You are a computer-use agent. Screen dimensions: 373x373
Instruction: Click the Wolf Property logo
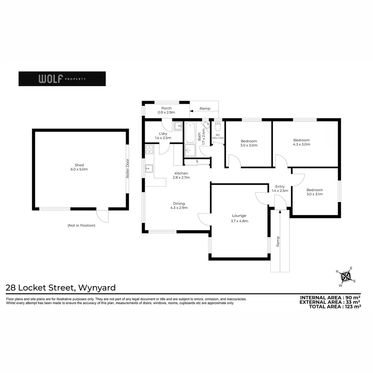[x=62, y=79]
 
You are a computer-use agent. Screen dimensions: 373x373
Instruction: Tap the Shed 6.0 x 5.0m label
[x=79, y=167]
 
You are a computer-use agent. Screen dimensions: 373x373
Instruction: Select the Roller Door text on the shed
[x=127, y=168]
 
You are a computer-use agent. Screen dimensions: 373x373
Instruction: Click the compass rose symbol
[x=346, y=276]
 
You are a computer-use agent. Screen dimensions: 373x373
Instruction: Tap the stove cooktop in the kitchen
[x=150, y=149]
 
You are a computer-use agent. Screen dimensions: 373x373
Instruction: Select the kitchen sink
[x=149, y=169]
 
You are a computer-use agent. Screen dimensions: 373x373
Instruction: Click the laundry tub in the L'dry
[x=178, y=126]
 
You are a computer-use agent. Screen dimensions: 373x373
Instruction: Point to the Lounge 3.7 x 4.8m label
[x=239, y=218]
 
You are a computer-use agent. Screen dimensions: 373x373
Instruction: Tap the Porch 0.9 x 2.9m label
[x=166, y=110]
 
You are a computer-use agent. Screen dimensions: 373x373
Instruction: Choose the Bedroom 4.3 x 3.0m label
[x=302, y=142]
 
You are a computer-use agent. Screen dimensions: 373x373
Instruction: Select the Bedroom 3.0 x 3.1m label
[x=315, y=192]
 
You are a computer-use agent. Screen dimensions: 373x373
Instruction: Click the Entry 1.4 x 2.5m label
[x=280, y=188]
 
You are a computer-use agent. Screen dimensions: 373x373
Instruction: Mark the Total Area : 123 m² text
[x=335, y=306]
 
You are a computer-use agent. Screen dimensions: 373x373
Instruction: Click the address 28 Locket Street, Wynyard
[x=61, y=287]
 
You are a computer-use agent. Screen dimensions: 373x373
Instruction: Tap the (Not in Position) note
[x=81, y=225]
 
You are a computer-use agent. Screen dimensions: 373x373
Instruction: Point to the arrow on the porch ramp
[x=192, y=111]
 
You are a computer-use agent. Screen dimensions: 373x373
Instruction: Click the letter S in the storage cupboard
[x=197, y=161]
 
